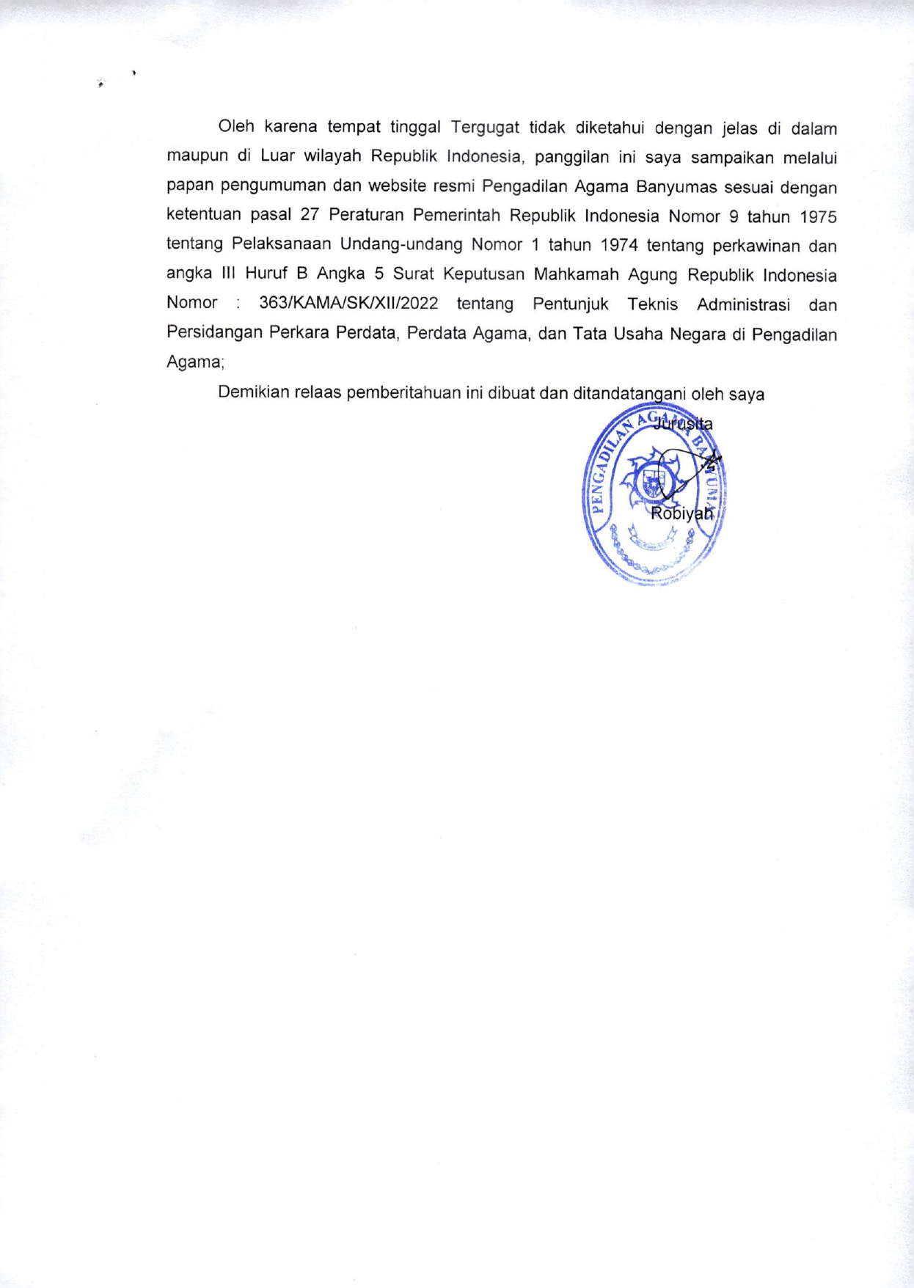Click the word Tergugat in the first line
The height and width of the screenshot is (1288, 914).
[485, 128]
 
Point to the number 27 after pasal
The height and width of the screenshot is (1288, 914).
[310, 216]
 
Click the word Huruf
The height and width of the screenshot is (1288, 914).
[266, 274]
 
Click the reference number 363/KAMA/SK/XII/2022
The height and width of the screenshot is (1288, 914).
[348, 304]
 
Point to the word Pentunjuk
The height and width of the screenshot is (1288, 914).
[570, 304]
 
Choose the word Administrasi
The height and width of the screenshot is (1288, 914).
[743, 304]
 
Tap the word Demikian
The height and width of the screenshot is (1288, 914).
[253, 393]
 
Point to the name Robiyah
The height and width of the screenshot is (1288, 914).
[681, 513]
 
